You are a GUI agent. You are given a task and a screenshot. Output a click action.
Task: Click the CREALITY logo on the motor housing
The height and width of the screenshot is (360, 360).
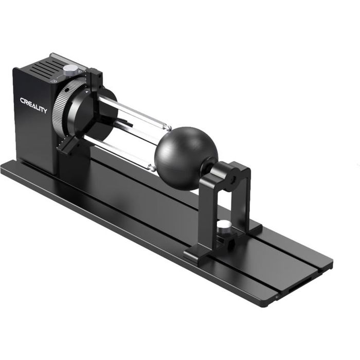pyautogui.click(x=33, y=105)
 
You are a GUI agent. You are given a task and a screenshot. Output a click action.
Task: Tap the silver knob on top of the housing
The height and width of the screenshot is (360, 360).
pyautogui.click(x=70, y=69)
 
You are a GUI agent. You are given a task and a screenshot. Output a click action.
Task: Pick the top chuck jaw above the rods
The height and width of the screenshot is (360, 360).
pyautogui.click(x=95, y=82)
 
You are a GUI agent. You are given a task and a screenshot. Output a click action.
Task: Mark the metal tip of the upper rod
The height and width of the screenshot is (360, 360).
pyautogui.click(x=166, y=125)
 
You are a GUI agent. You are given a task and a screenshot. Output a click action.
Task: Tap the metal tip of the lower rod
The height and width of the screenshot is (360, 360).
pyautogui.click(x=151, y=167)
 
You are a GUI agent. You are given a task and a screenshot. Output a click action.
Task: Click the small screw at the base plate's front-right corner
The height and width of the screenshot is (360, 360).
pyautogui.click(x=276, y=297)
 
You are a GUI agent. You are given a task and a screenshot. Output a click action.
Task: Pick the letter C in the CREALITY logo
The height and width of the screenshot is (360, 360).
pyautogui.click(x=23, y=101)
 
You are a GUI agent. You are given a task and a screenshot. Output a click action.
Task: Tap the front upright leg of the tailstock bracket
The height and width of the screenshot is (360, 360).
pyautogui.click(x=204, y=216)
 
